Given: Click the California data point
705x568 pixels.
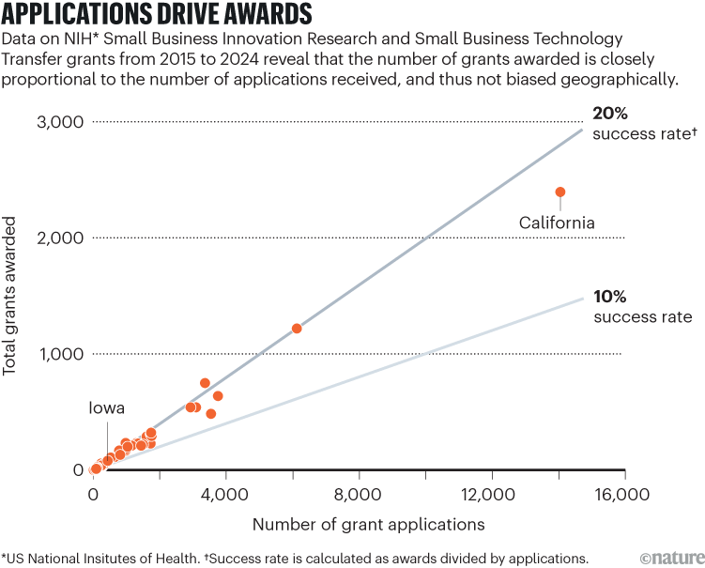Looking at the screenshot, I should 560,192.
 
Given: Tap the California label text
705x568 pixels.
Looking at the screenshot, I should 557,223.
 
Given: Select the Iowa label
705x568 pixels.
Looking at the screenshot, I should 107,408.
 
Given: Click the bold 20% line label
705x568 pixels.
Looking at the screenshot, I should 610,113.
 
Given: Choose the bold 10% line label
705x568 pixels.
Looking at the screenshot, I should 609,296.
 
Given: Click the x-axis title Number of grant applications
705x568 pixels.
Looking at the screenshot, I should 368,523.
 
